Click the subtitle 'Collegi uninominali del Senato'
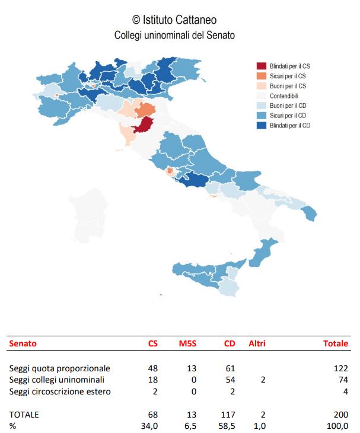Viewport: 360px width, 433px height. (x=174, y=36)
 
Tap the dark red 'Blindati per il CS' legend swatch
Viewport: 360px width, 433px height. (x=261, y=66)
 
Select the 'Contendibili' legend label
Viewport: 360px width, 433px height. (x=283, y=96)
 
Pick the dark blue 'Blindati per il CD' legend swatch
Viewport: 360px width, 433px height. (x=261, y=126)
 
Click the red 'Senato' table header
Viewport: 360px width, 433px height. (x=23, y=343)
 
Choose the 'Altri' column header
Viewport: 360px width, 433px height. (x=257, y=343)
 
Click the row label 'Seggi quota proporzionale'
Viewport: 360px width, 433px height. (x=60, y=368)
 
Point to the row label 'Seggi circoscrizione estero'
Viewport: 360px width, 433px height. (x=60, y=391)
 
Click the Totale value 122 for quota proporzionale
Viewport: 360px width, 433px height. (x=341, y=368)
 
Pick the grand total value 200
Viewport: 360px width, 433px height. (x=341, y=414)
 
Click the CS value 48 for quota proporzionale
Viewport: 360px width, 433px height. (x=152, y=368)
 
